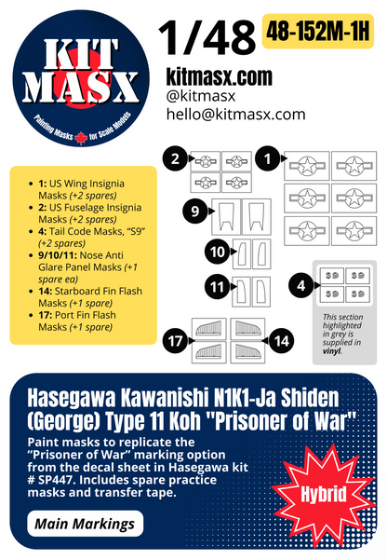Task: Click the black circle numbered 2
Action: coord(173,159)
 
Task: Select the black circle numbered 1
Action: coord(268,159)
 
